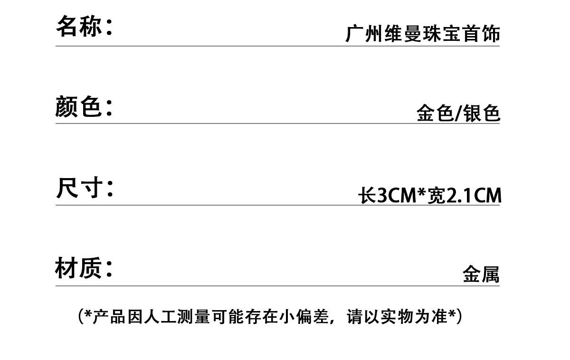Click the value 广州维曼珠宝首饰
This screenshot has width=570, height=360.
[422, 34]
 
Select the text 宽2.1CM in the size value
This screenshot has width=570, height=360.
[464, 195]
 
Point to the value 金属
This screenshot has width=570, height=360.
[481, 274]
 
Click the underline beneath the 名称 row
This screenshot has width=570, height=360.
[277, 46]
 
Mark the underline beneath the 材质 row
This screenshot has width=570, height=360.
[277, 286]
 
